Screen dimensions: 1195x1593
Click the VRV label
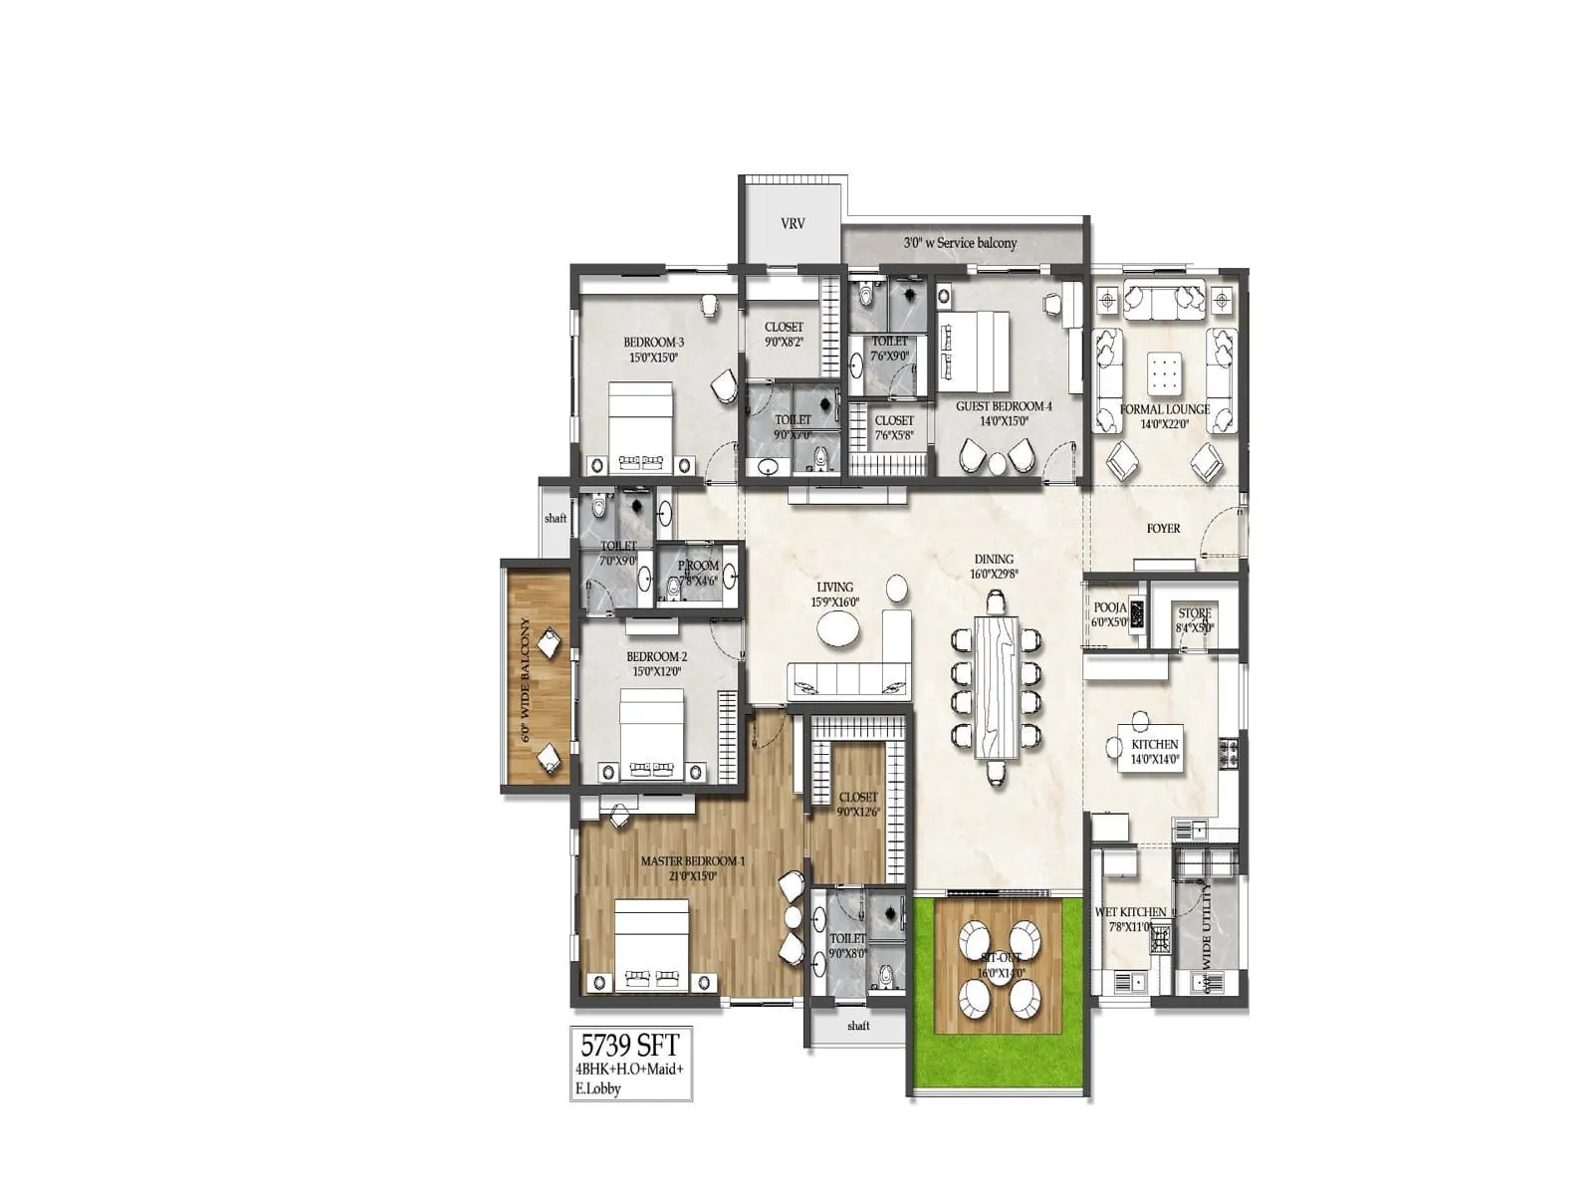click(x=793, y=224)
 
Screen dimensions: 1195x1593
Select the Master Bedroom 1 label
click(x=692, y=861)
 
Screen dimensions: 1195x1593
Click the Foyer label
click(x=1163, y=528)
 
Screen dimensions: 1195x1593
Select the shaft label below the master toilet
click(x=858, y=1026)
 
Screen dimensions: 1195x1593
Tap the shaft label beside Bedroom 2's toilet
click(x=556, y=518)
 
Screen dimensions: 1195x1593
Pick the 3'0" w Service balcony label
click(x=960, y=243)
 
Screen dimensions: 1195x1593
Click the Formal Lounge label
click(x=1165, y=409)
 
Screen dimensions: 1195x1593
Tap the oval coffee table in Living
click(x=838, y=628)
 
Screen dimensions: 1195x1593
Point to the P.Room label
click(x=698, y=565)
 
